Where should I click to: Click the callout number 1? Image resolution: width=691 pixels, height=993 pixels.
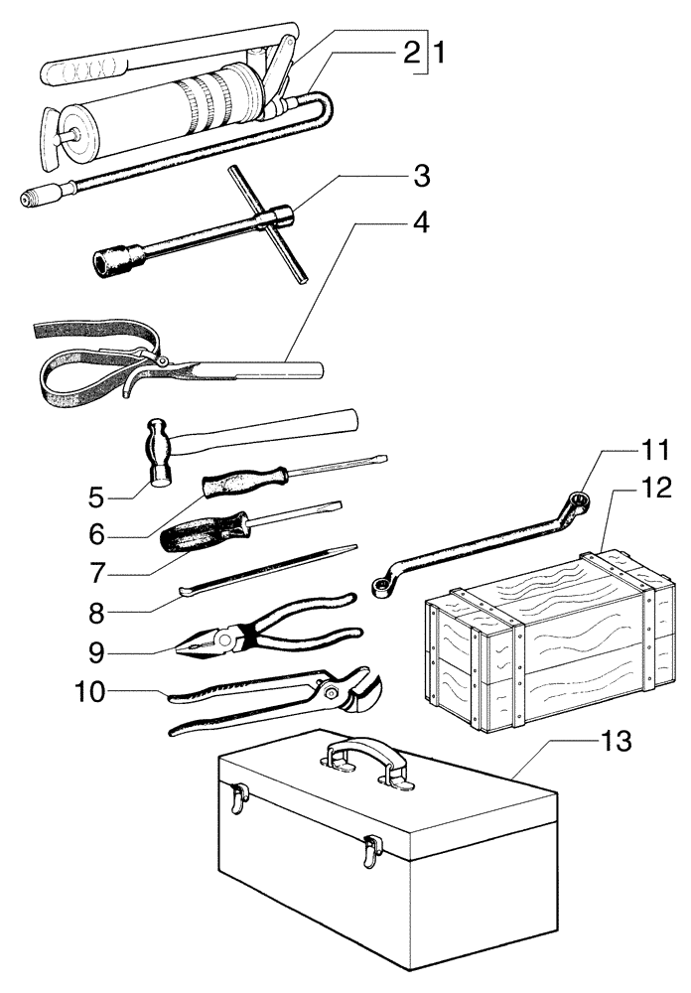tap(438, 53)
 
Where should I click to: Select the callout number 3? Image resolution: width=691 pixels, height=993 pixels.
tap(421, 178)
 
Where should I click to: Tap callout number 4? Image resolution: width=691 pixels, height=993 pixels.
tap(421, 222)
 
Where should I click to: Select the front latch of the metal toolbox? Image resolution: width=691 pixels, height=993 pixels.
tap(372, 848)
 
